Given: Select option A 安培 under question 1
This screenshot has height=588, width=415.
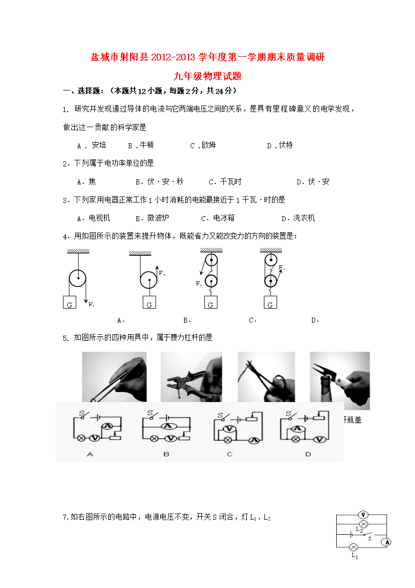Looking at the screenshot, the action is tap(91, 146).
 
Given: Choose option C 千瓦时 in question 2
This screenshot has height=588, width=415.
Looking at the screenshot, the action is tap(225, 182).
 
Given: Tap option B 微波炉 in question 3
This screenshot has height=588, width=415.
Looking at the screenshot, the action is tap(153, 218).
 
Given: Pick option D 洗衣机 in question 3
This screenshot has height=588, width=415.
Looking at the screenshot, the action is tap(299, 218).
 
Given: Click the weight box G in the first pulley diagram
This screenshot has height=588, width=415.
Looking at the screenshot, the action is tap(69, 302).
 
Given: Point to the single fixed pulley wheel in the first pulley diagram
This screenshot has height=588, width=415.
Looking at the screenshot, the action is tap(78, 278).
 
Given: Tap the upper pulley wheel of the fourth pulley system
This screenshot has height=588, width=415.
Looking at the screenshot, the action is tap(271, 259).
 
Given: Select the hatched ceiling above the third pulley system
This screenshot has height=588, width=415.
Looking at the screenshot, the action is tap(211, 250).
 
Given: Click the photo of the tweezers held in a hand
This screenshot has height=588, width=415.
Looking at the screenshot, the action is tap(114, 377).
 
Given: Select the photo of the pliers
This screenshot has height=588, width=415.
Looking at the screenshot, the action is tap(191, 377).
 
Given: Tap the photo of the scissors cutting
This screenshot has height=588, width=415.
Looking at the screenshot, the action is tap(266, 377).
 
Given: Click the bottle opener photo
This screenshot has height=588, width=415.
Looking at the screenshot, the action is tap(340, 380).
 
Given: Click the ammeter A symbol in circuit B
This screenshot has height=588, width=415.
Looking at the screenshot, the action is tap(168, 426).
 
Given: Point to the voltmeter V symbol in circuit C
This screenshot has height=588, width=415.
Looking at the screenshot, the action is tap(228, 429).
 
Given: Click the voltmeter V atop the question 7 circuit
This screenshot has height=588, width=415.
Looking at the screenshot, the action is tap(363, 515).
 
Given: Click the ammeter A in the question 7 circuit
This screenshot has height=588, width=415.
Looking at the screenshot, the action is tap(387, 542).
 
